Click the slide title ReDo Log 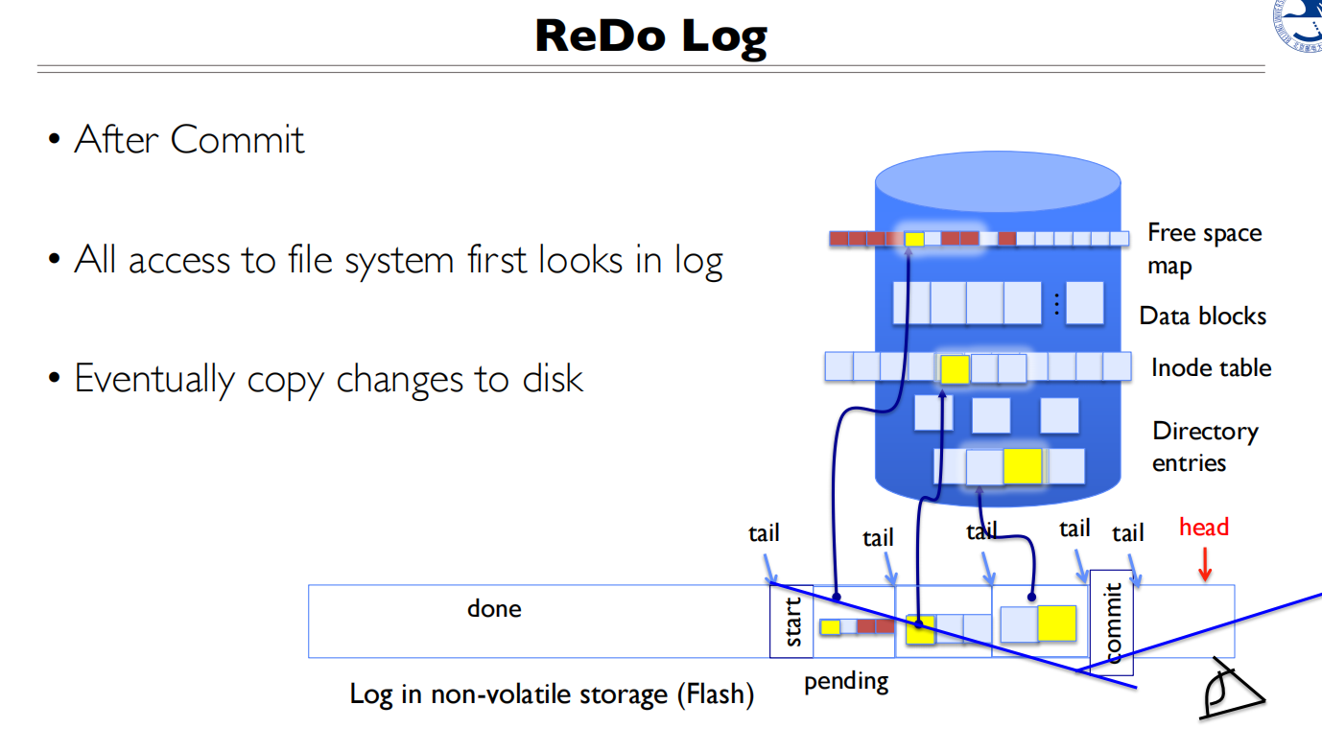point(651,36)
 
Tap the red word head point(1204,527)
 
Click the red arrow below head point(1205,564)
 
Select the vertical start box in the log point(791,621)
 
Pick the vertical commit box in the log point(1111,623)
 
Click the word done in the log point(494,608)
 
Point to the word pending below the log point(846,682)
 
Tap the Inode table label point(1211,367)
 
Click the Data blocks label point(1202,316)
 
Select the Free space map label point(1204,249)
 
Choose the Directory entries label point(1205,447)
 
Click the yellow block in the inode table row point(955,369)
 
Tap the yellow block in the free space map point(914,239)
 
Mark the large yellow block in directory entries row point(1022,466)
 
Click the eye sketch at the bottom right point(1232,690)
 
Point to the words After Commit point(189,140)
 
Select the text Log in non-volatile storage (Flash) point(552,694)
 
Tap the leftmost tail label point(764,533)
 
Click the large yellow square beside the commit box point(1056,623)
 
